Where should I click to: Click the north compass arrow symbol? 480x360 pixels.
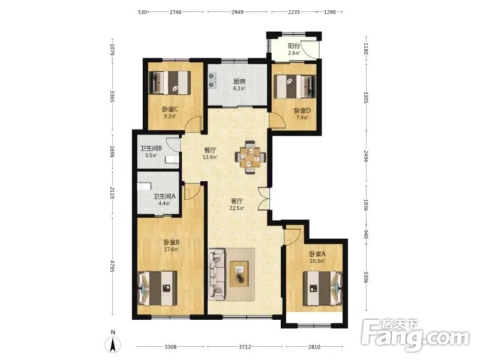pos(113,344)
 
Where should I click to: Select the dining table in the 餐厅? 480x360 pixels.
pos(250,157)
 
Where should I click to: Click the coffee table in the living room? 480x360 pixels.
pos(239,274)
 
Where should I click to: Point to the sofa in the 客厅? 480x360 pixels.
pos(217,274)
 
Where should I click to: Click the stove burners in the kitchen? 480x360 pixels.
pos(212,80)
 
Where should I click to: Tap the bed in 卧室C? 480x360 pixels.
pos(170,83)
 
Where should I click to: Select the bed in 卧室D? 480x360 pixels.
pos(295,86)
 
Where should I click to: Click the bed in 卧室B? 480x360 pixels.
pos(157,288)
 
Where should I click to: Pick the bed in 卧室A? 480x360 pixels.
pos(323,289)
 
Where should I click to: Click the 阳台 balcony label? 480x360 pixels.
pos(293,46)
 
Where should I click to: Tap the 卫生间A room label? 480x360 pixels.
pos(164,196)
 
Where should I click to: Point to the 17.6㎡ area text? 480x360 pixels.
pos(172,249)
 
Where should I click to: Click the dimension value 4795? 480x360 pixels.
pos(112,266)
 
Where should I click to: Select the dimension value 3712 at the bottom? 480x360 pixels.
pos(245,347)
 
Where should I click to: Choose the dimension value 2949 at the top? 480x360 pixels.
pos(237,12)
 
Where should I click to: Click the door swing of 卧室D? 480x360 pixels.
pos(277,119)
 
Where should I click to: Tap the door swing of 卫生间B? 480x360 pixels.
pos(173,144)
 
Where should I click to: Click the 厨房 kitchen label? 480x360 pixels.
pos(239,82)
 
